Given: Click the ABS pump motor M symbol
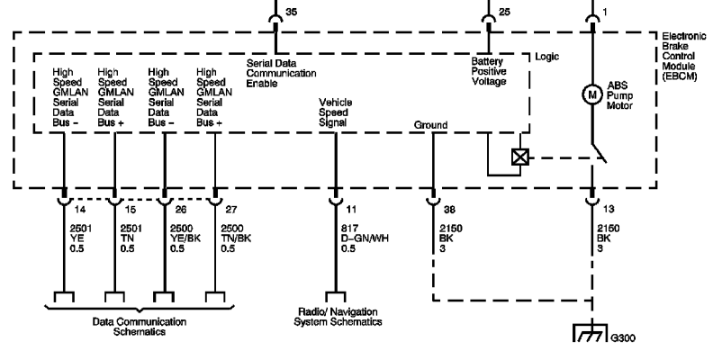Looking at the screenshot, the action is pos(592,95).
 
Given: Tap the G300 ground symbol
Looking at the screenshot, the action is pos(591,332).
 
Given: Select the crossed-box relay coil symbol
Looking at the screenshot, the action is pos(520,157).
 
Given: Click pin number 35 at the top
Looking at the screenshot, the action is pos(292,12).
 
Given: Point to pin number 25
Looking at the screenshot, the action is pos(504,12).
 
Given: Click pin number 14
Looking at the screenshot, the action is pos(79,210).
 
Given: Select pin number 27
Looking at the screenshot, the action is pos(231,210).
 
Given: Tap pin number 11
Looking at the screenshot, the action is pos(351,210).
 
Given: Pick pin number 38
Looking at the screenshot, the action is pos(449,210).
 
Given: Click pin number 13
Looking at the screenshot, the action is pos(608,209).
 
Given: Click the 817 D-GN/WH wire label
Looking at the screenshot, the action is pos(365,238).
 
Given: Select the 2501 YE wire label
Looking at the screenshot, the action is pos(80,238).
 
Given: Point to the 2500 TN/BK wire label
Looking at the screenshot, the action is pos(236,238).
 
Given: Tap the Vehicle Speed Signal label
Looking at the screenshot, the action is pos(335,112).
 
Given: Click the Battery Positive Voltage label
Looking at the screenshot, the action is pos(488,71).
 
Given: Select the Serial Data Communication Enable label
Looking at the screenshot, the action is pos(281,73).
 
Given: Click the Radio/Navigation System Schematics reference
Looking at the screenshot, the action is pos(338,317).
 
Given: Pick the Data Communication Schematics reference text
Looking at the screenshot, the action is pos(140,327).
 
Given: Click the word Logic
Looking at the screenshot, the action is pos(546,57).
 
